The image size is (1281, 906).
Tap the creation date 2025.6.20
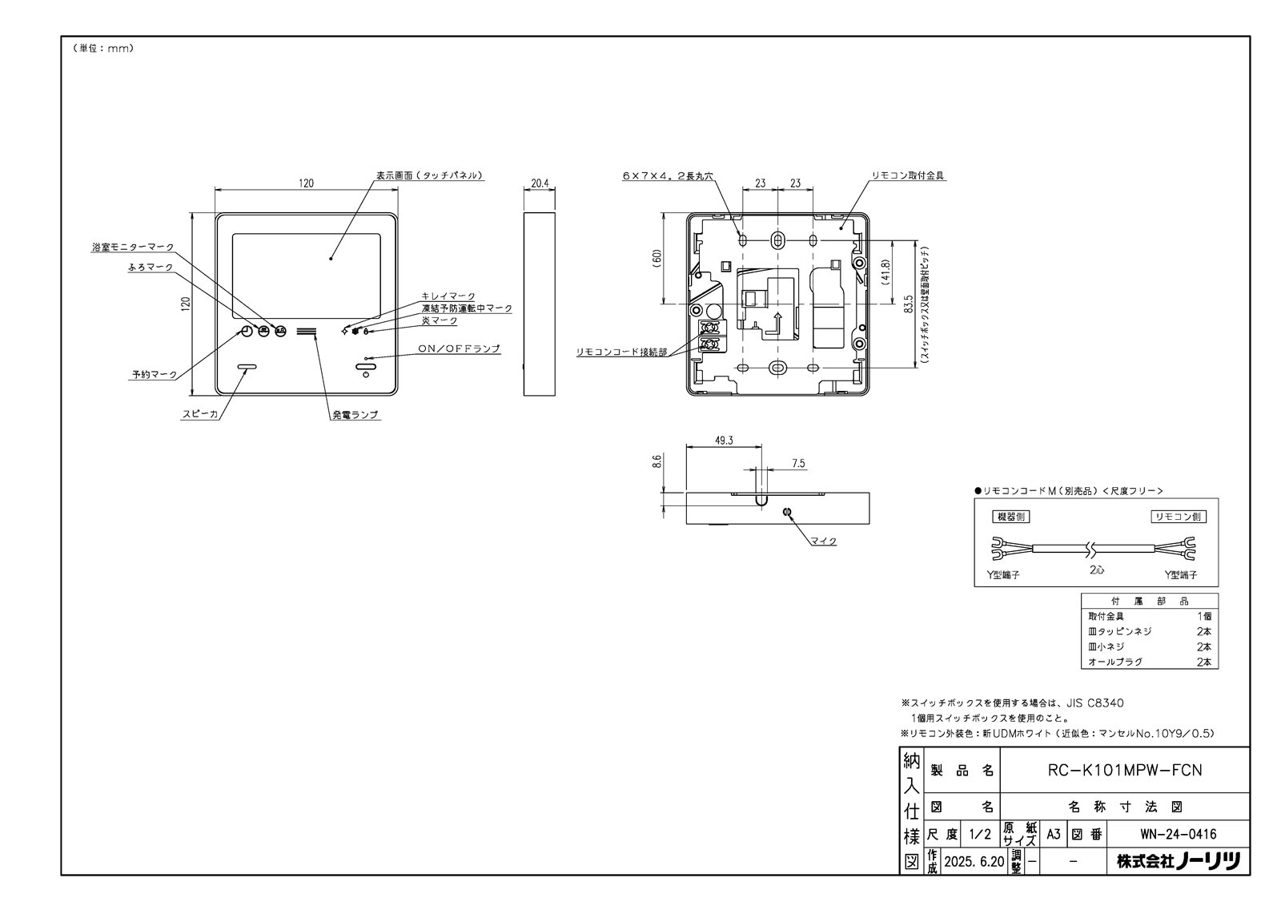coord(974,863)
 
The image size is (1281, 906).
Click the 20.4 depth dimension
coord(540,183)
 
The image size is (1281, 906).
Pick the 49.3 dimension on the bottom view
coord(724,441)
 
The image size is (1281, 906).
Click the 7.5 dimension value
coord(797,464)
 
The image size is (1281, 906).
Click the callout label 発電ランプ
coord(355,415)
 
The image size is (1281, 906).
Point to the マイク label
coord(822,541)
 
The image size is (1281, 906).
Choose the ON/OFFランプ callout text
coord(459,348)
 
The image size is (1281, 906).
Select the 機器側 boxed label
coord(1010,517)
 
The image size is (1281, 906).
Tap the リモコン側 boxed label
coord(1178,517)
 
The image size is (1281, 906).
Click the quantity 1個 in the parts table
coord(1203,616)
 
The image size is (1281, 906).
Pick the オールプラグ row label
coord(1115,662)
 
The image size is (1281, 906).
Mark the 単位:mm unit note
coord(102,48)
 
